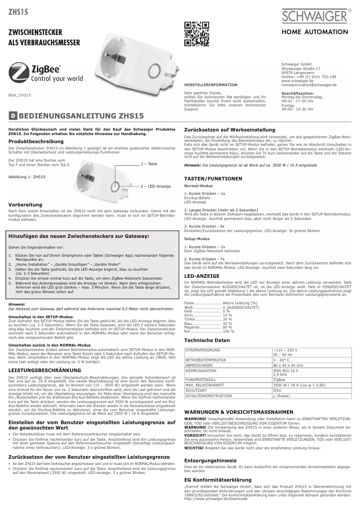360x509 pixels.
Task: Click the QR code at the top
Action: [197, 34]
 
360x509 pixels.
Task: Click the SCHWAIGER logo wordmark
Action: [315, 17]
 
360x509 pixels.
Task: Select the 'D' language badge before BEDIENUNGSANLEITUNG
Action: [13, 116]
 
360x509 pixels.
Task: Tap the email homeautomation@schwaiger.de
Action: [309, 84]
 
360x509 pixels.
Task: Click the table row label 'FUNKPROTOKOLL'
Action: [200, 379]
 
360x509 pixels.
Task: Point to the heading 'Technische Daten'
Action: [207, 340]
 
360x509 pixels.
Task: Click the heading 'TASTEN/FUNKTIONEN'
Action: [213, 179]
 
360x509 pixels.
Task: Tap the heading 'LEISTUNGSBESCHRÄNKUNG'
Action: [45, 370]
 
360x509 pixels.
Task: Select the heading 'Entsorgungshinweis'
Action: [211, 461]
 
